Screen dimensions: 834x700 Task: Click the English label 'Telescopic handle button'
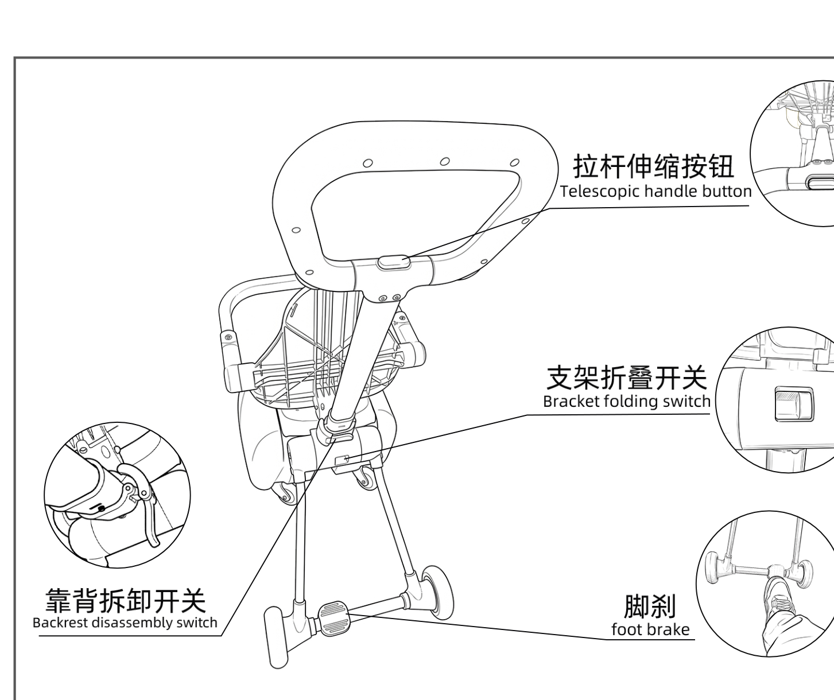coord(655,192)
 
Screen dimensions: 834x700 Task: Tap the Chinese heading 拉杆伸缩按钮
coord(653,166)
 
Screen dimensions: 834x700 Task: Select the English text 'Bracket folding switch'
coord(627,401)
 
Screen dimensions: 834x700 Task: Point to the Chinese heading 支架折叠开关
coord(627,378)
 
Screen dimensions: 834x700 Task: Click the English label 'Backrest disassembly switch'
coord(125,623)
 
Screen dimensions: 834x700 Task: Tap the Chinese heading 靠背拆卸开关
coord(126,600)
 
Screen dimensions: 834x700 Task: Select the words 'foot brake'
coord(651,630)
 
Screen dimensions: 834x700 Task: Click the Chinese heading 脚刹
coord(650,606)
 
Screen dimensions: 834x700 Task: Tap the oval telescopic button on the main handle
coord(393,262)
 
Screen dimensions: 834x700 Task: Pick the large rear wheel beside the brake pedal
coord(437,592)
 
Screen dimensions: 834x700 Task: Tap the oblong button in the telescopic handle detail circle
coord(820,183)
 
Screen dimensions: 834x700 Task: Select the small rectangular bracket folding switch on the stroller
coord(342,460)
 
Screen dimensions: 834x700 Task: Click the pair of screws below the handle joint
coord(389,297)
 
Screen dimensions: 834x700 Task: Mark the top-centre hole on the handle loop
coord(445,161)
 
